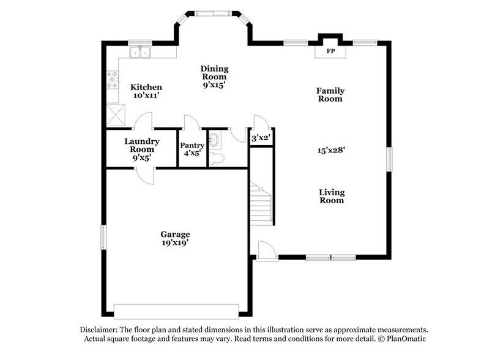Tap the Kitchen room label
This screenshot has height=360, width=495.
pyautogui.click(x=147, y=87)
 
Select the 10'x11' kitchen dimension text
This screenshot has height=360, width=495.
pyautogui.click(x=147, y=96)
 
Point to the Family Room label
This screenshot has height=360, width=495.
pyautogui.click(x=330, y=94)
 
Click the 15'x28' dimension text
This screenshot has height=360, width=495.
pyautogui.click(x=330, y=150)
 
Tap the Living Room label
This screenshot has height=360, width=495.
pyautogui.click(x=332, y=196)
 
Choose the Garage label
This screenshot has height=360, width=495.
pyautogui.click(x=175, y=234)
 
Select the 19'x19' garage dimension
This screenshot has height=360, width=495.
pyautogui.click(x=175, y=242)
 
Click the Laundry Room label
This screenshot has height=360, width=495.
pyautogui.click(x=142, y=145)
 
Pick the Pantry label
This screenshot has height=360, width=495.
pyautogui.click(x=191, y=145)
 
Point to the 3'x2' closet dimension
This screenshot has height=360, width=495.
pyautogui.click(x=261, y=138)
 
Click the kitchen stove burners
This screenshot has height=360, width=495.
pyautogui.click(x=113, y=80)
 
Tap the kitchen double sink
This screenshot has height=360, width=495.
pyautogui.click(x=140, y=51)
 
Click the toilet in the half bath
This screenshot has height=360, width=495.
pyautogui.click(x=217, y=158)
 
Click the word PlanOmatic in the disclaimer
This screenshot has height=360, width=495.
pyautogui.click(x=404, y=339)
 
